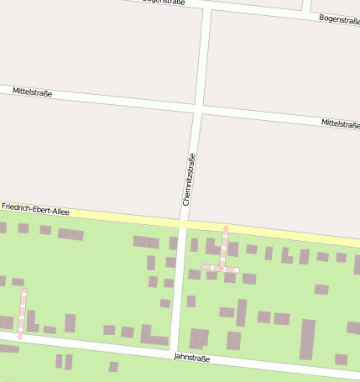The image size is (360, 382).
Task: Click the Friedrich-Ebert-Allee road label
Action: coord(35,208)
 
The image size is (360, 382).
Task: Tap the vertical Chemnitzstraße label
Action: coord(190,180)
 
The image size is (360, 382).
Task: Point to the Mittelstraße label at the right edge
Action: coord(340,123)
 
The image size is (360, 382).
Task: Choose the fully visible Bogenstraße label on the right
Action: coord(340,19)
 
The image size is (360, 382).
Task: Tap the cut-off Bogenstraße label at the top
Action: coord(164,2)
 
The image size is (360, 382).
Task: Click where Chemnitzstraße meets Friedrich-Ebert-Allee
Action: coord(182,222)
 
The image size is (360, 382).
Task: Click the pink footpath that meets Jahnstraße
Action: coord(22,314)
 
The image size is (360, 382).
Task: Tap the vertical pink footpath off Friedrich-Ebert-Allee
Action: coord(224,247)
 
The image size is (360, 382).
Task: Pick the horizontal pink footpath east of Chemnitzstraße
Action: coord(221,269)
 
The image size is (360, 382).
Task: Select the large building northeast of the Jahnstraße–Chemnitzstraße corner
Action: coord(199,338)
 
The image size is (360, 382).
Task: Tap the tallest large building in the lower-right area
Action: coord(307,339)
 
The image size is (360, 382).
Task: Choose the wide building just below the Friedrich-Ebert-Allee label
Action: coord(70,234)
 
